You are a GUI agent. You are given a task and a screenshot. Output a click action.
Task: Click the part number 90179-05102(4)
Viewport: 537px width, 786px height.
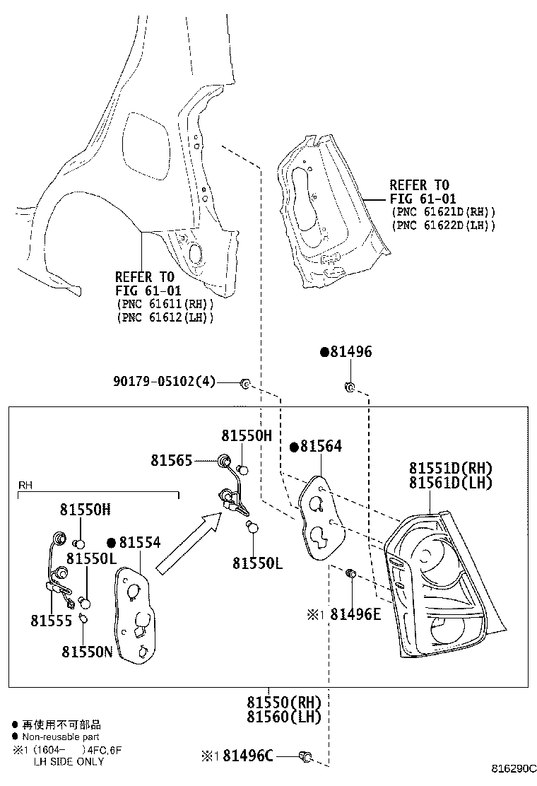click(x=165, y=382)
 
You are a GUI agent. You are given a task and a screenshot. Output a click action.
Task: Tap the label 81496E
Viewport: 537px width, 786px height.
click(x=355, y=614)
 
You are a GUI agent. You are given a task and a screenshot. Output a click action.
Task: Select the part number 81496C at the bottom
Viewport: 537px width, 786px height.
click(x=248, y=756)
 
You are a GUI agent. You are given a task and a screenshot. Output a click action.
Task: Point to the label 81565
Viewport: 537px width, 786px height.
click(x=171, y=460)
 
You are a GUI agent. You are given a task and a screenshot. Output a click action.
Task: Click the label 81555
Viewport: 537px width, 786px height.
click(x=51, y=621)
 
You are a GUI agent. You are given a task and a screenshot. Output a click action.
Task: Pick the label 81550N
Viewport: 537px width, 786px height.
click(x=88, y=652)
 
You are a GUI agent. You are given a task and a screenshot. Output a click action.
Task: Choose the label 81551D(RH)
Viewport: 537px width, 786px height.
click(x=451, y=468)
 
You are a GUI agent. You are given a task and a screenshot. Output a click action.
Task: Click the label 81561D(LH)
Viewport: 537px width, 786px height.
click(x=451, y=483)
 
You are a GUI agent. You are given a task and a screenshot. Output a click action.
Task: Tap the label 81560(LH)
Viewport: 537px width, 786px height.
click(x=283, y=717)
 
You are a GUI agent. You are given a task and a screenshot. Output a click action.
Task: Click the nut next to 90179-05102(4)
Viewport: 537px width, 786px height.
click(x=245, y=384)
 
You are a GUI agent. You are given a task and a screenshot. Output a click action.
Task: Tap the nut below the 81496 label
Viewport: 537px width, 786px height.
click(x=350, y=387)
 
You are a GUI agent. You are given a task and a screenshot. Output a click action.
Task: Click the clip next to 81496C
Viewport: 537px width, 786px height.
click(x=305, y=756)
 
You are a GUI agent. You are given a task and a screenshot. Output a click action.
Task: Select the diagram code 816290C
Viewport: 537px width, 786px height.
click(x=514, y=768)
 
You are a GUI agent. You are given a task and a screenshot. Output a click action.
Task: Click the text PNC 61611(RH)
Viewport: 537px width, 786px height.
click(x=165, y=304)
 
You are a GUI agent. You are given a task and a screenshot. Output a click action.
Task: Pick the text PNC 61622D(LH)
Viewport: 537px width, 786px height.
click(x=444, y=225)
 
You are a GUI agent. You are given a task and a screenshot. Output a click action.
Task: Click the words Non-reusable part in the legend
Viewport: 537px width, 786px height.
click(x=61, y=737)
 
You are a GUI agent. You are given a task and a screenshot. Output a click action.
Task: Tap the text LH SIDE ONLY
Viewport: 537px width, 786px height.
click(x=69, y=761)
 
